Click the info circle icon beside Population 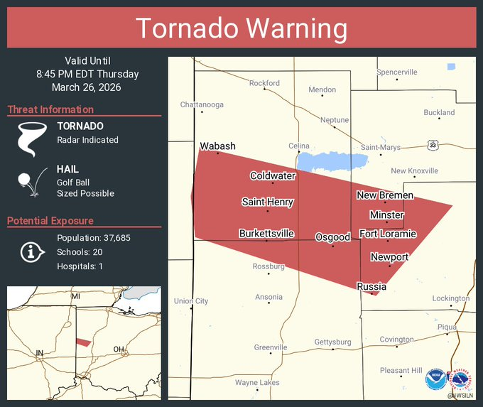tap(29, 252)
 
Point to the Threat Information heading tap(50, 109)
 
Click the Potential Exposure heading tap(50, 221)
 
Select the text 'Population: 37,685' tap(93, 238)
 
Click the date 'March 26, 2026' tap(86, 87)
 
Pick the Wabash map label tap(217, 146)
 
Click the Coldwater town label tap(272, 175)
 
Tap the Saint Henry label tap(267, 202)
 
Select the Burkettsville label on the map tap(266, 233)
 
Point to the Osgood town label tap(332, 236)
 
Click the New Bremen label tap(384, 195)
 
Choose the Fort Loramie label tap(387, 234)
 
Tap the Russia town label tap(371, 286)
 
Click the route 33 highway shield tap(433, 145)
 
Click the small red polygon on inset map tap(83, 342)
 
